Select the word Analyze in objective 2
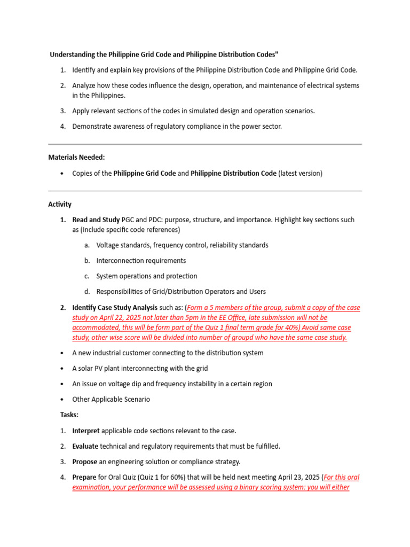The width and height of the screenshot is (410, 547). coord(84,85)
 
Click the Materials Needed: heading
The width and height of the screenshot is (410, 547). coord(76,157)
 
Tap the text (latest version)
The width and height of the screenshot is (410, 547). coord(301,173)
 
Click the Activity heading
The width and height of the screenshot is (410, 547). coord(60,204)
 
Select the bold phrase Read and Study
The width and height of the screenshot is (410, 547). coord(96,220)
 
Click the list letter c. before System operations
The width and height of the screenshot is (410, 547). coord(86,276)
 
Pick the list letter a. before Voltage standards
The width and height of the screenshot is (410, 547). coord(86,245)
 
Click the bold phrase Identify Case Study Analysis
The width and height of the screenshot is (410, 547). coord(115,307)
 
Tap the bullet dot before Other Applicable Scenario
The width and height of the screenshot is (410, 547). coord(62,400)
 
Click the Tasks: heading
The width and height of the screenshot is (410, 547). coord(69,415)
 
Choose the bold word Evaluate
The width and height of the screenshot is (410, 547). coord(85,446)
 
